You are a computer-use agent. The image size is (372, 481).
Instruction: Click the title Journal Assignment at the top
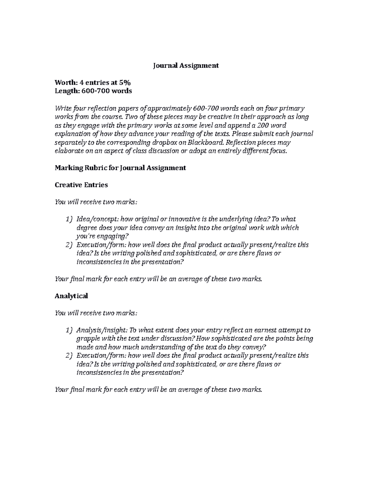pyautogui.click(x=186, y=65)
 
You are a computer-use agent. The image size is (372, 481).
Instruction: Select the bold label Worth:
pyautogui.click(x=66, y=82)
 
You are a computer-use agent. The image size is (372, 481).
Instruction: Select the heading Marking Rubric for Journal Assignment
pyautogui.click(x=120, y=168)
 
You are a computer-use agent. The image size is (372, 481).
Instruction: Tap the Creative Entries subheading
pyautogui.click(x=81, y=185)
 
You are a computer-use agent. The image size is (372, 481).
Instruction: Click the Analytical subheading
pyautogui.click(x=71, y=296)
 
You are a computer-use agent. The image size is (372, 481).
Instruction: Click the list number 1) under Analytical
pyautogui.click(x=69, y=330)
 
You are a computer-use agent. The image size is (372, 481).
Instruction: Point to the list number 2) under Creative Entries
pyautogui.click(x=69, y=245)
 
